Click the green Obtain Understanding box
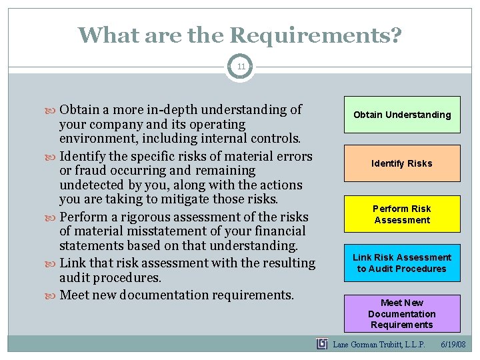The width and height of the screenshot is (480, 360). pyautogui.click(x=402, y=115)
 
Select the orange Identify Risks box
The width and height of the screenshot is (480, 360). pyautogui.click(x=402, y=163)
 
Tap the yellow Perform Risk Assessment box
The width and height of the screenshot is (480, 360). pyautogui.click(x=402, y=214)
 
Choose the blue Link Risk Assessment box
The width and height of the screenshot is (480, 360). pyautogui.click(x=402, y=263)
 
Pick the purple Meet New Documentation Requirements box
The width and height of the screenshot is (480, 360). pyautogui.click(x=402, y=313)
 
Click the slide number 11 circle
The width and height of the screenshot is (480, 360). pyautogui.click(x=240, y=67)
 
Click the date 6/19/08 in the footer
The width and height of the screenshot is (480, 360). pyautogui.click(x=453, y=345)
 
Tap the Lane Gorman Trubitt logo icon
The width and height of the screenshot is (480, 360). pyautogui.click(x=322, y=344)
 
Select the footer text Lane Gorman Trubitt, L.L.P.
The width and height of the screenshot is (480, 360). pyautogui.click(x=379, y=345)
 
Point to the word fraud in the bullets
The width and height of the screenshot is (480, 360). pyautogui.click(x=91, y=171)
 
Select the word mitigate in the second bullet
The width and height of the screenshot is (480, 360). pyautogui.click(x=201, y=199)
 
